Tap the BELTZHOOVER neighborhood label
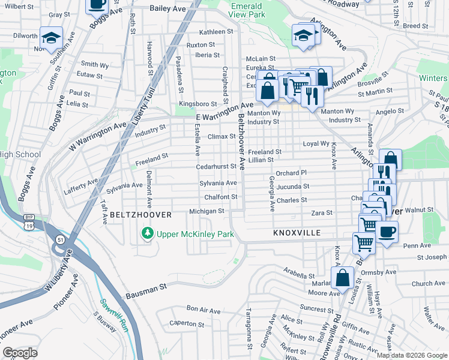click(140, 215)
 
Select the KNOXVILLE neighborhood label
click(297, 232)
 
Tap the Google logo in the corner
click(20, 353)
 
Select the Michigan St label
click(206, 211)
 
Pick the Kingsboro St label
click(197, 104)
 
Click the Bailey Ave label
click(168, 8)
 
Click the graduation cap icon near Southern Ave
click(52, 37)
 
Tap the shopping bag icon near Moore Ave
click(342, 278)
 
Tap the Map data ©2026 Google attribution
click(412, 355)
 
